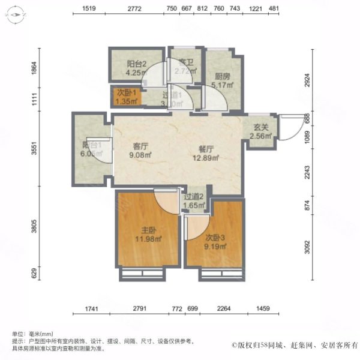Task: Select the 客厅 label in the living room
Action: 141,146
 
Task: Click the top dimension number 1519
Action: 91,8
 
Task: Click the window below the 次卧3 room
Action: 222,274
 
